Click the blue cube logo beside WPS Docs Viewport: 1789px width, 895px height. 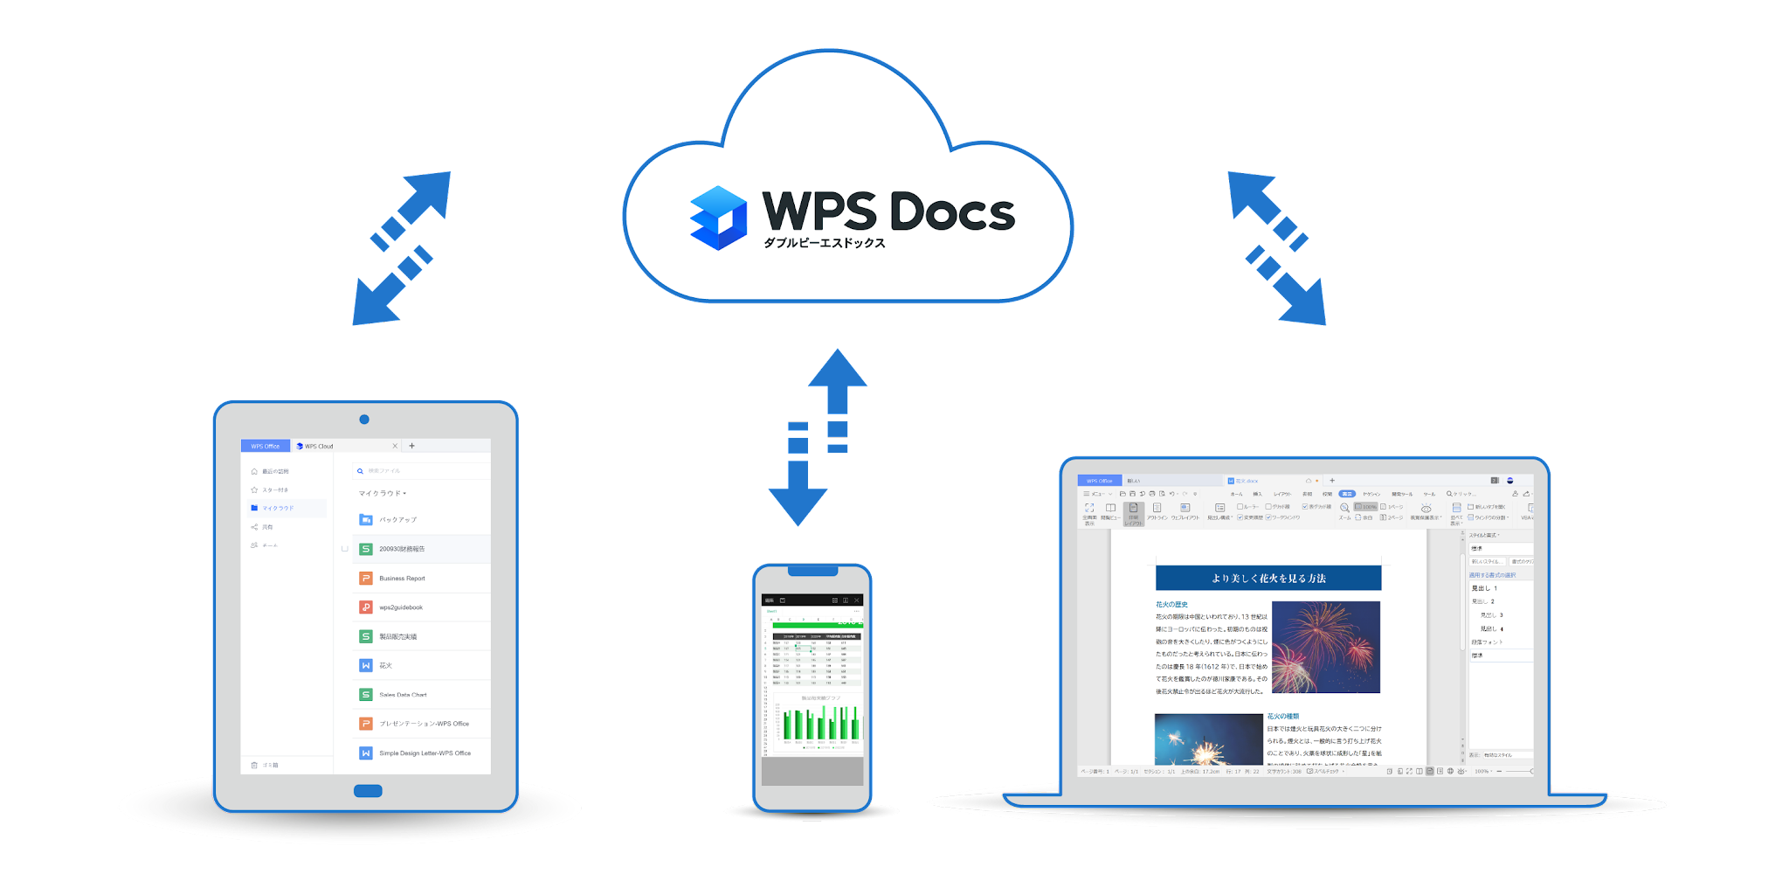[x=718, y=218]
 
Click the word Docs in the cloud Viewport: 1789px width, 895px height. [x=952, y=212]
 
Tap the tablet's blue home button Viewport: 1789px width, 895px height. [x=368, y=791]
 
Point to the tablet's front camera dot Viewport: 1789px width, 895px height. [x=364, y=420]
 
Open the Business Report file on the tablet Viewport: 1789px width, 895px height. [x=402, y=579]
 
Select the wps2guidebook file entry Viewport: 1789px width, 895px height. [x=401, y=607]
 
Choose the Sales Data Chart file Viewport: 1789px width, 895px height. [x=403, y=695]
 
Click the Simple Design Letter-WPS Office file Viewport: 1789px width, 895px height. [x=425, y=753]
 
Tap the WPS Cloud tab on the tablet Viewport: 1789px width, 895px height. [x=316, y=446]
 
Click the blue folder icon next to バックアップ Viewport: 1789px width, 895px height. [x=366, y=520]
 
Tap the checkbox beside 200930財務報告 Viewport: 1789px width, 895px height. [x=345, y=549]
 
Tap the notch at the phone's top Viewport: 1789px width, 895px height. [x=812, y=572]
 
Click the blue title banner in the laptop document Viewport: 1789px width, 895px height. [x=1268, y=578]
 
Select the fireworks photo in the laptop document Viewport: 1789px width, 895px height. [x=1325, y=647]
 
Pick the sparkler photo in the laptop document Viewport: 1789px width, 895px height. [x=1209, y=739]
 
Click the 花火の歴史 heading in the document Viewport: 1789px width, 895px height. [x=1171, y=604]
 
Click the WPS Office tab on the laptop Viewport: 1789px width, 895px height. [x=1099, y=481]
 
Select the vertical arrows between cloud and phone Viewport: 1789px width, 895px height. [x=818, y=437]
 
